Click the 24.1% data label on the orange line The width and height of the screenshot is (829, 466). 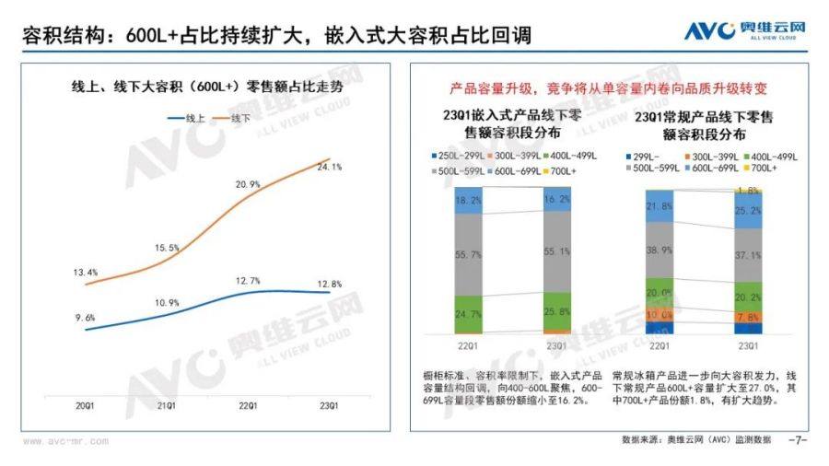coord(329,168)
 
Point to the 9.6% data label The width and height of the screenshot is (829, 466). coord(85,318)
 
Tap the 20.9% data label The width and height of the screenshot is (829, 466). coord(248,185)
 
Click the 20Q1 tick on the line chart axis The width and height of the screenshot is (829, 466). coord(85,405)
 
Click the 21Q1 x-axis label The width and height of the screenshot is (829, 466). coord(167,405)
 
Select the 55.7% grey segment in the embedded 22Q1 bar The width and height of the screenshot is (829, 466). coord(469,254)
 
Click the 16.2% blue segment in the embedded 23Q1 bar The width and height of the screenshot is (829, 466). coord(556,198)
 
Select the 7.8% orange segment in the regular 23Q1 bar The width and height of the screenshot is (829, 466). coord(748,317)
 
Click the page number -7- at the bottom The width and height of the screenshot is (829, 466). coord(797,440)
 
